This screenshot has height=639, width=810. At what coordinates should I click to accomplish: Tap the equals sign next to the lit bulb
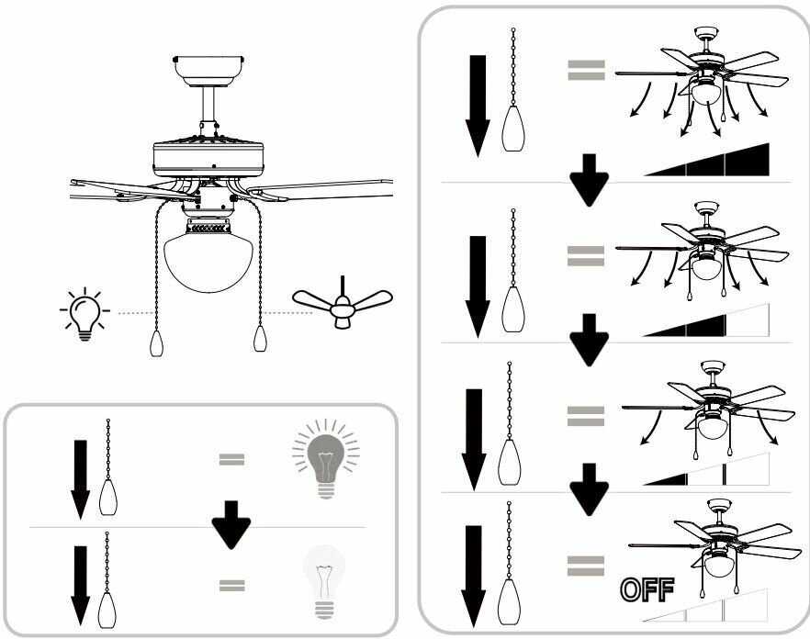coord(231,457)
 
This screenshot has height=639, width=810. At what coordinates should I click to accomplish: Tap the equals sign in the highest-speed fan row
coord(585,70)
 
